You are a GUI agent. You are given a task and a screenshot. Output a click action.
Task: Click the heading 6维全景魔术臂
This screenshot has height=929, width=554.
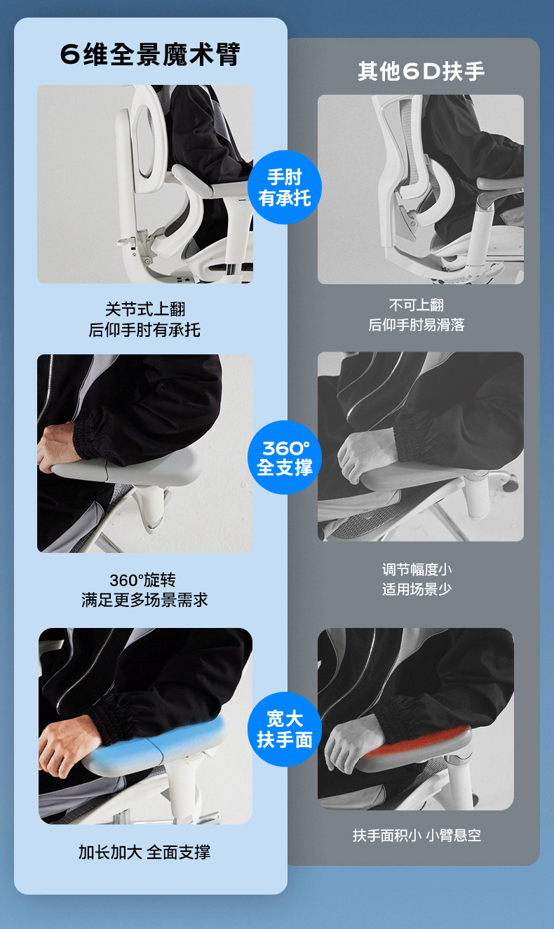pyautogui.click(x=149, y=54)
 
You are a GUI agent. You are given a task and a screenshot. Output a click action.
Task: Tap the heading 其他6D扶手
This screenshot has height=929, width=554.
pyautogui.click(x=421, y=71)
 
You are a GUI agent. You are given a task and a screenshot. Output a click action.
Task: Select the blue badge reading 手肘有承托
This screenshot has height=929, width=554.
pyautogui.click(x=285, y=187)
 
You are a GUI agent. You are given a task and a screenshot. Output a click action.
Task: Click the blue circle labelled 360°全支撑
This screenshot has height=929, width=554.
pyautogui.click(x=285, y=457)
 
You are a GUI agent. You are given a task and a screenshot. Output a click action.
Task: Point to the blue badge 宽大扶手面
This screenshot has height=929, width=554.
pyautogui.click(x=285, y=729)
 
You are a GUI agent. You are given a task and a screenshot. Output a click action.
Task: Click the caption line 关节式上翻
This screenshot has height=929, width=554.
pyautogui.click(x=145, y=309)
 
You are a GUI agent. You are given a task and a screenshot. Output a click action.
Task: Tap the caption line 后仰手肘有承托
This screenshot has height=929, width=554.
pyautogui.click(x=144, y=330)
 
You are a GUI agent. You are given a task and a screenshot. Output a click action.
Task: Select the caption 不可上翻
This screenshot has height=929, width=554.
pyautogui.click(x=417, y=305)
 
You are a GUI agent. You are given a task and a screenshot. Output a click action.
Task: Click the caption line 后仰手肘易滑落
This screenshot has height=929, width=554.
pyautogui.click(x=417, y=325)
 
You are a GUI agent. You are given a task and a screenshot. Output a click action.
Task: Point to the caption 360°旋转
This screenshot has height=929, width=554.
pyautogui.click(x=143, y=580)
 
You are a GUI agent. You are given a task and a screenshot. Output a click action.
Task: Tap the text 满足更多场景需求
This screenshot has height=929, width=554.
pyautogui.click(x=144, y=600)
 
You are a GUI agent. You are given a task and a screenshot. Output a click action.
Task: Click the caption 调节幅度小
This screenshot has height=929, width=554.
pyautogui.click(x=417, y=570)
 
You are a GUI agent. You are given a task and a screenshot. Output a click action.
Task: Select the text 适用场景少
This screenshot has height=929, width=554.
pyautogui.click(x=417, y=589)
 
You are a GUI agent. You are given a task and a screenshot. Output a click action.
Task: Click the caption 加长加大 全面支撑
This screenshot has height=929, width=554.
pyautogui.click(x=144, y=853)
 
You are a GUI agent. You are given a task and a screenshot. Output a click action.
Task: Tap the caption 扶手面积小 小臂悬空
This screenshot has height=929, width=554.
pyautogui.click(x=417, y=835)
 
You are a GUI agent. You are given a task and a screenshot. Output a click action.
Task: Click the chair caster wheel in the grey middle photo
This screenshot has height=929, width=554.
pyautogui.click(x=511, y=481)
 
